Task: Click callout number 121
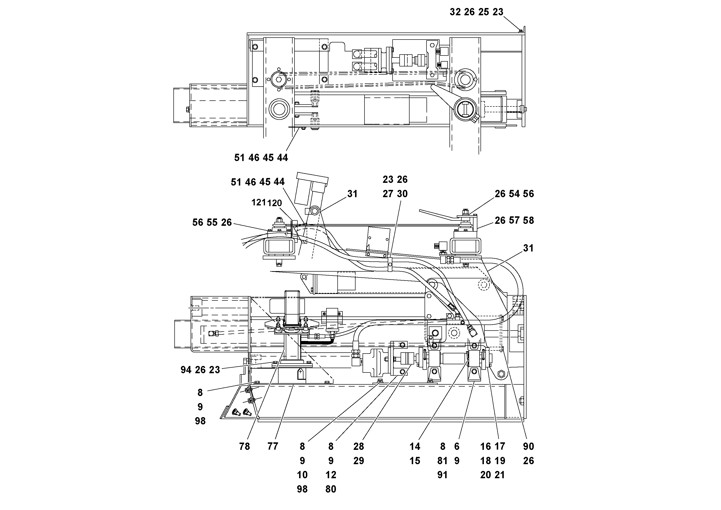tap(258, 202)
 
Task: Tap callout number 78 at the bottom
tap(244, 446)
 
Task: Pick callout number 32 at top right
tap(455, 12)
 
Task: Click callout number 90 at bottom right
tap(528, 446)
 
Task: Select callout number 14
tap(415, 446)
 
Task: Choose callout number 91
tap(442, 475)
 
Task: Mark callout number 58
tap(528, 220)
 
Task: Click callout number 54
tap(514, 194)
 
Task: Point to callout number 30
tap(402, 194)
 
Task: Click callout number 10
tap(302, 475)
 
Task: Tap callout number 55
tap(212, 223)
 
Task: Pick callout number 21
tap(500, 475)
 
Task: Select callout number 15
tap(415, 461)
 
